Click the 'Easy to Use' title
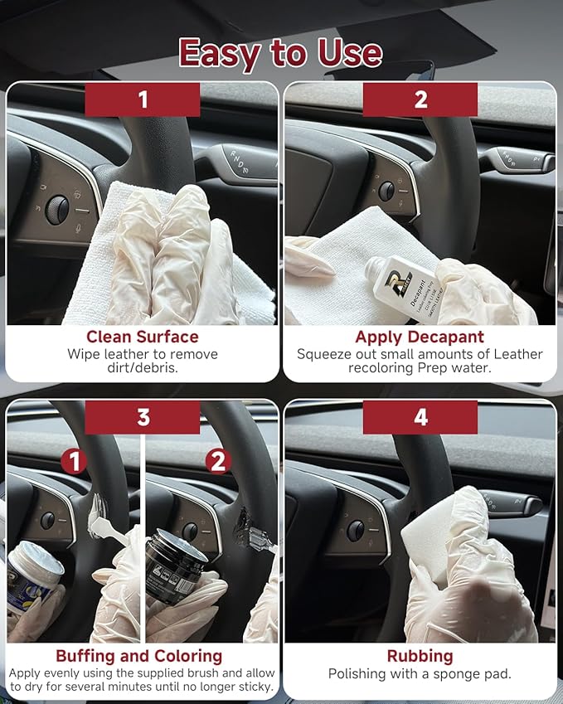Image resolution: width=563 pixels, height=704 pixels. (x=280, y=53)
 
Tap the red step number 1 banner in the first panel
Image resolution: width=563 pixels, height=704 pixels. (x=143, y=100)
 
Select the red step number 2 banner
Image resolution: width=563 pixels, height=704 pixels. (x=421, y=100)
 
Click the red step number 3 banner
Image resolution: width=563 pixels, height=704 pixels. (x=143, y=417)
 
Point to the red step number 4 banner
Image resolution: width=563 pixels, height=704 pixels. (x=421, y=417)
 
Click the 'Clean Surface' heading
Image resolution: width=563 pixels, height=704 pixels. (x=143, y=337)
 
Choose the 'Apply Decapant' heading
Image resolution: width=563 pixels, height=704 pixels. (x=420, y=337)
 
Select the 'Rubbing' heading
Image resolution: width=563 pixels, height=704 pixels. (x=420, y=655)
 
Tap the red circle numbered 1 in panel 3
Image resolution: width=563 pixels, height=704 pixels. (x=75, y=461)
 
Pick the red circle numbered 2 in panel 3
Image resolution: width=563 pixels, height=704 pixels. (x=218, y=461)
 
